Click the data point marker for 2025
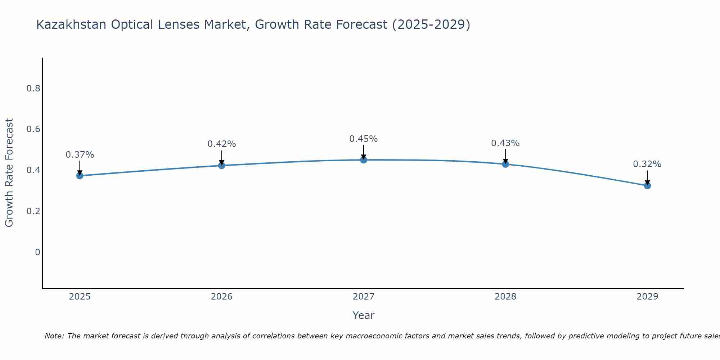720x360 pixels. (x=80, y=176)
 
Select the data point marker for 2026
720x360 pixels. (x=221, y=166)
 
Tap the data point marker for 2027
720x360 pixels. (x=363, y=160)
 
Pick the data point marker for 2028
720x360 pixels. (x=505, y=164)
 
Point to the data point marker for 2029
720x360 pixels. (x=647, y=186)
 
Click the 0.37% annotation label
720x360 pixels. (x=80, y=155)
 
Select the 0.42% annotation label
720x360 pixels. (x=221, y=144)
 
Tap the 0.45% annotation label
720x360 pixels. (x=363, y=139)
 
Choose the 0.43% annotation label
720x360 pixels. (x=505, y=143)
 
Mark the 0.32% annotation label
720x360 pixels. (x=647, y=164)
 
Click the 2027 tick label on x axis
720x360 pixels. (x=363, y=297)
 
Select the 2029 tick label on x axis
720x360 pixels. (x=647, y=297)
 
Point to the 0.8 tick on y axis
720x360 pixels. (x=33, y=89)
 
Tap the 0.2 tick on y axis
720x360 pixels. (x=33, y=211)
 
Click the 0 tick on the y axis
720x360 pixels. (x=37, y=252)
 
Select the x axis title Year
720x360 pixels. (x=363, y=315)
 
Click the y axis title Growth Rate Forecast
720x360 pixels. (x=9, y=173)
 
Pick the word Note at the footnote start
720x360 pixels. (x=54, y=336)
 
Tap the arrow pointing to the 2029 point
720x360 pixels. (x=647, y=177)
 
